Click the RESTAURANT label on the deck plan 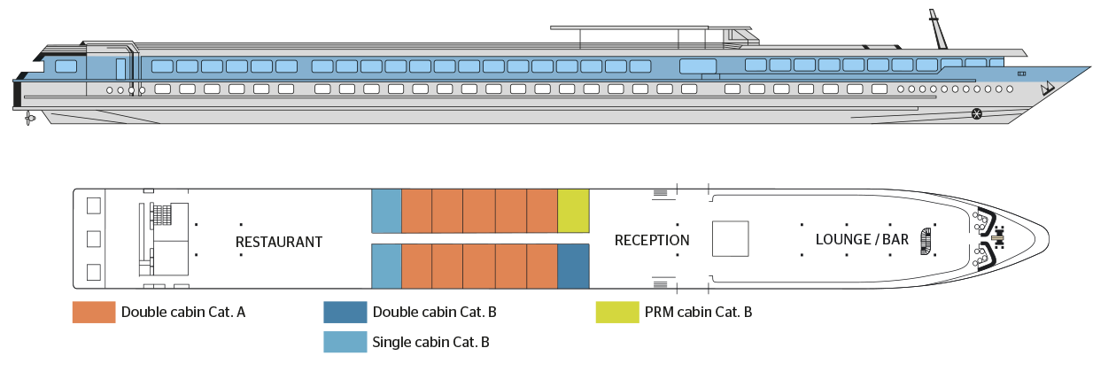[x=278, y=242]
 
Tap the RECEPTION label [x=652, y=240]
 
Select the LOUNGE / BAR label [x=862, y=240]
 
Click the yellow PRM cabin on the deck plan [x=574, y=211]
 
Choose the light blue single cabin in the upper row [x=386, y=211]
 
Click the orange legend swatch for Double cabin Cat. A [x=94, y=312]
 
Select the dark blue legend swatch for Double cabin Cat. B [x=345, y=312]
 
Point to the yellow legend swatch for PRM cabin [x=617, y=312]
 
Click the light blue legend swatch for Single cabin [x=345, y=342]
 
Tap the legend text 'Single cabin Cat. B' [x=431, y=342]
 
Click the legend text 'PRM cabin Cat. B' [x=699, y=312]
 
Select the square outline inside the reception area [x=731, y=239]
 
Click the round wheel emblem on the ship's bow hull [x=977, y=112]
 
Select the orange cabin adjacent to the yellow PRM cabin [x=542, y=211]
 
